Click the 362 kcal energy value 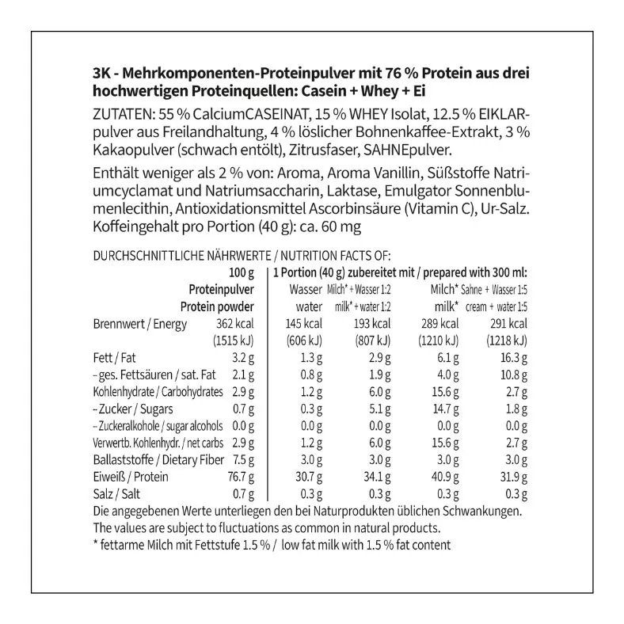pyautogui.click(x=234, y=324)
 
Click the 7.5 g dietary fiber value pyautogui.click(x=242, y=459)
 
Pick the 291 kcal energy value pyautogui.click(x=508, y=324)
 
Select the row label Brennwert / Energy pyautogui.click(x=139, y=324)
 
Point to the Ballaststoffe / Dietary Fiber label pyautogui.click(x=150, y=459)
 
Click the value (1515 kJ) pyautogui.click(x=233, y=341)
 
